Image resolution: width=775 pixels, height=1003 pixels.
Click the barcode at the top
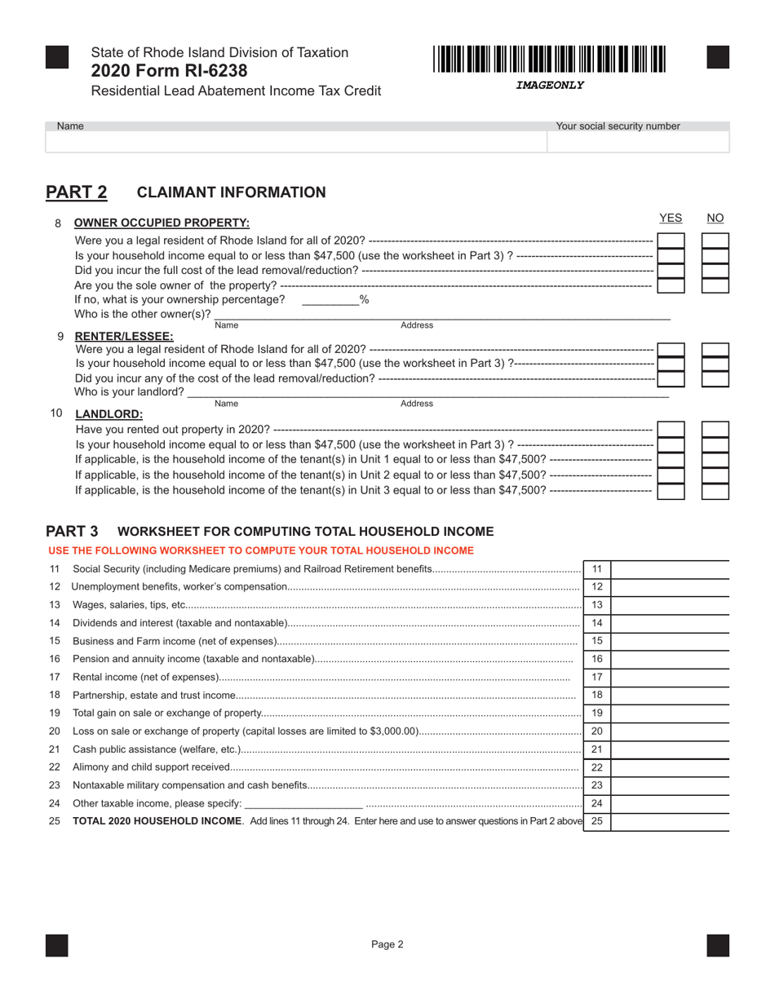549,60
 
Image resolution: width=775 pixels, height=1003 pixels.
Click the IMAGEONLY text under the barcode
550,85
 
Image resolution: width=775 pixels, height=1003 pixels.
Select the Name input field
295,142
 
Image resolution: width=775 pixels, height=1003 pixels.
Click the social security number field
638,142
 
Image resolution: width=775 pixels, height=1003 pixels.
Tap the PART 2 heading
76,192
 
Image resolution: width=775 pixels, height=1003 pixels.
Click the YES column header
670,218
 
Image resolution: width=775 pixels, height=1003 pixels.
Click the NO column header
715,218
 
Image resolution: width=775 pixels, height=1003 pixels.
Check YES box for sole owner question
671,285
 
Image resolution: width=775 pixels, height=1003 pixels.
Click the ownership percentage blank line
330,300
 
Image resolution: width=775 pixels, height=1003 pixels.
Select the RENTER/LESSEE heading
124,336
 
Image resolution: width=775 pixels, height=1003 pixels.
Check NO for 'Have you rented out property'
715,430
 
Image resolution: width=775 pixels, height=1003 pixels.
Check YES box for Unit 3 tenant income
671,491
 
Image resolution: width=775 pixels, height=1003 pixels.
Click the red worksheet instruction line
261,551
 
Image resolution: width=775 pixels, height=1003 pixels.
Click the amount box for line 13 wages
669,605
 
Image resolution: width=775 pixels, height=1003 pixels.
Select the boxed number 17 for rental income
596,677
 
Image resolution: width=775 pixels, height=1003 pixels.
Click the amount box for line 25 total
669,821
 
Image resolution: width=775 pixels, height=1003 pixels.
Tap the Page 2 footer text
387,945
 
